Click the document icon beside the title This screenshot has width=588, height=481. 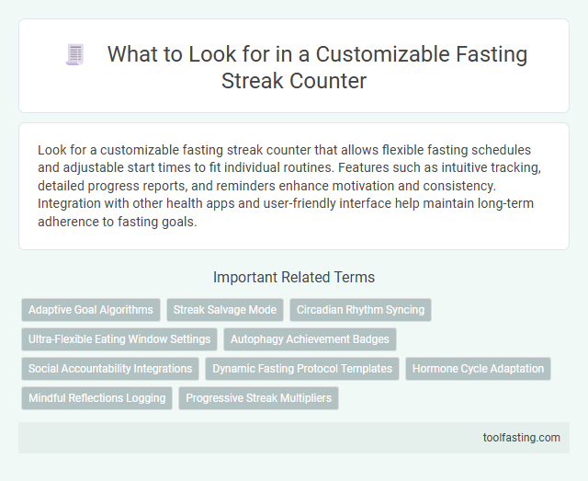tap(75, 55)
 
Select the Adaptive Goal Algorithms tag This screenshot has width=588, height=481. tap(91, 310)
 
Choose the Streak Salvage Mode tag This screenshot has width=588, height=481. tap(225, 310)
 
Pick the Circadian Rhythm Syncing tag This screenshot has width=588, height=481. tap(360, 310)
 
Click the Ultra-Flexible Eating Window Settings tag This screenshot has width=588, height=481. tap(119, 339)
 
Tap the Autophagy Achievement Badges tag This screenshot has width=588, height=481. tap(310, 339)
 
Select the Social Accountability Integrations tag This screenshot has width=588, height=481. tap(110, 369)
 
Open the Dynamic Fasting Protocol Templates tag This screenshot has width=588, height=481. tap(302, 369)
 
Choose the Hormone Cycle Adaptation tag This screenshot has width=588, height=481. tap(478, 369)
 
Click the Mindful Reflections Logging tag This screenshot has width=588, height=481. tap(96, 398)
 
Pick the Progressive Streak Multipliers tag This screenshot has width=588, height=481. tap(258, 398)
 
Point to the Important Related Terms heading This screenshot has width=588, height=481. tap(293, 278)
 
